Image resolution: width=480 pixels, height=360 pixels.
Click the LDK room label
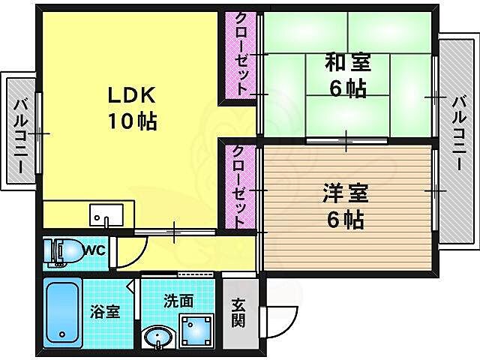[x=133, y=96]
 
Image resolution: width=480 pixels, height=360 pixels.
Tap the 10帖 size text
[x=133, y=121]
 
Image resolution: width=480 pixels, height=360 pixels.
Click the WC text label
[x=93, y=248]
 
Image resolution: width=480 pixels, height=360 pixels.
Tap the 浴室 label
[x=105, y=311]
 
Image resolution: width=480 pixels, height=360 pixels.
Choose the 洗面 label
[x=178, y=301]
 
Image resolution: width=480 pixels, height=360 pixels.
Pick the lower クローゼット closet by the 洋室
[x=241, y=187]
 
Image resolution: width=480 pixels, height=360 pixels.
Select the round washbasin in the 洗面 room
[x=158, y=338]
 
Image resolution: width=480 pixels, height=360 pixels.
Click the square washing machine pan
[x=197, y=331]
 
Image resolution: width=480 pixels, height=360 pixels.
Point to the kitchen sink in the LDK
[x=102, y=215]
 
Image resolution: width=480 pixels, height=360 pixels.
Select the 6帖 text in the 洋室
[x=346, y=220]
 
